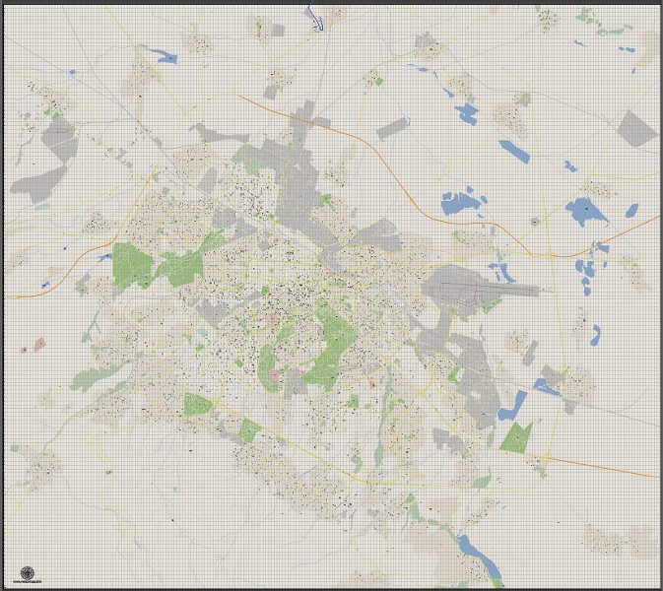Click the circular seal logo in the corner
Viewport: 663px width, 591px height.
pos(26,573)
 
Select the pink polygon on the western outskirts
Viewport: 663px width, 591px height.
pos(39,344)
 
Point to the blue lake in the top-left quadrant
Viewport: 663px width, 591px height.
pos(162,55)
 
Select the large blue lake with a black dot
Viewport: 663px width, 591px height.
pos(586,210)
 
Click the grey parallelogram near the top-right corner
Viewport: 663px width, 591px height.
pos(637,128)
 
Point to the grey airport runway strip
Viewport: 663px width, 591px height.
pos(488,289)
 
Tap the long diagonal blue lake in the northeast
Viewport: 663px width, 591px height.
pos(513,150)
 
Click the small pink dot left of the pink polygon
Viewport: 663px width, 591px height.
pos(23,349)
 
